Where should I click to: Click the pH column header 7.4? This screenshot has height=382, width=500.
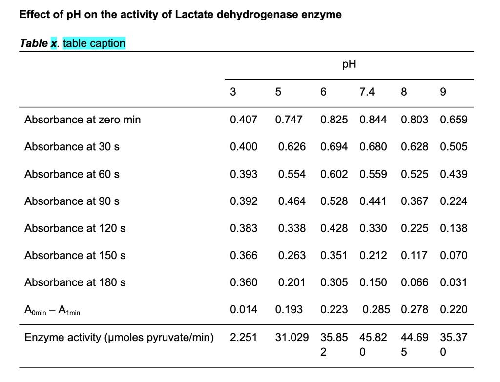pos(367,92)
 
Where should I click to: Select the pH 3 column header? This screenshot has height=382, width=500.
pos(233,92)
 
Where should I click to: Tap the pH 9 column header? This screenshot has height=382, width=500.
pos(443,92)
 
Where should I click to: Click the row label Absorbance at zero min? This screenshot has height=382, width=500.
pos(83,120)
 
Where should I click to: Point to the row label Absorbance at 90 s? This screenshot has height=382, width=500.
pos(72,201)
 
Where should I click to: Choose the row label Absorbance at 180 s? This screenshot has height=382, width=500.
pos(75,282)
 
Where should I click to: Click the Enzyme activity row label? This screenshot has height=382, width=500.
pos(119,337)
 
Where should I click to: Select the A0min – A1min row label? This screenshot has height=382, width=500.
pos(52,310)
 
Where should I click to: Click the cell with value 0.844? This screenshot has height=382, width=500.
pos(373,120)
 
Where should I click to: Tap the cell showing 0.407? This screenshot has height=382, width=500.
pos(244,120)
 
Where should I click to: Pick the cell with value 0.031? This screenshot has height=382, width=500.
pos(454,282)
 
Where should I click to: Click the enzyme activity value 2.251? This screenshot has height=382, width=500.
pos(244,337)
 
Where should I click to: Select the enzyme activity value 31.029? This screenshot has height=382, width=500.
pos(292,337)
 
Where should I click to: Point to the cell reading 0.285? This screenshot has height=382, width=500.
pos(376,309)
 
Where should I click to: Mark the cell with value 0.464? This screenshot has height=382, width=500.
pos(292,201)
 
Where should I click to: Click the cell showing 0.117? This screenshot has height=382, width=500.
pos(415,255)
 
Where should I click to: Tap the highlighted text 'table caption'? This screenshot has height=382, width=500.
pos(94,43)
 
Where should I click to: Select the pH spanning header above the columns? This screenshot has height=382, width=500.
pos(349,65)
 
